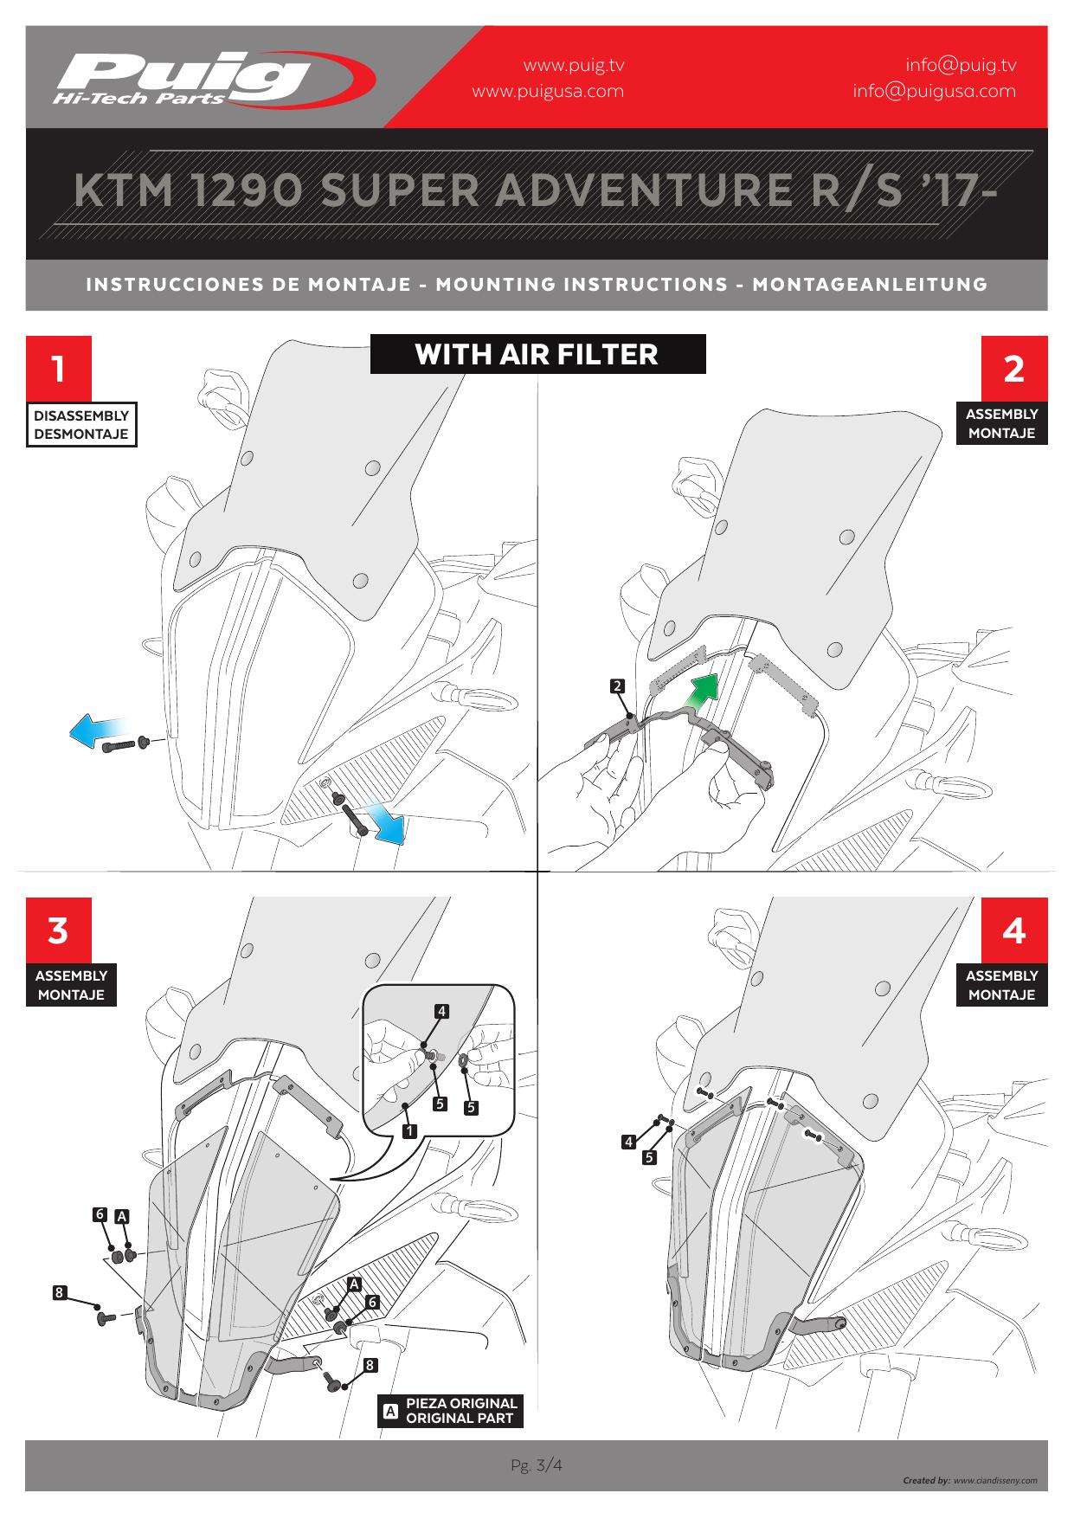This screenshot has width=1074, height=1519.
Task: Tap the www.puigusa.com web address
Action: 547,91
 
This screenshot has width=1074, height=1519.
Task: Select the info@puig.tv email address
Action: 961,65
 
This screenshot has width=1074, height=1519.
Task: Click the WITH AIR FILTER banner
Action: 537,354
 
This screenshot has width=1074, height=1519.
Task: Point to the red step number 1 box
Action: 58,370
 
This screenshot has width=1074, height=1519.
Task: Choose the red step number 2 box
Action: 1013,369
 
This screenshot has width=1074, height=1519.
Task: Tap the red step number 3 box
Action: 58,931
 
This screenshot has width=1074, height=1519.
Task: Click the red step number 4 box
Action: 1013,931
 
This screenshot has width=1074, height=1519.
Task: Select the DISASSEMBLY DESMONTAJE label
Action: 81,425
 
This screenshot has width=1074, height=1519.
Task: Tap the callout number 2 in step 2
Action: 617,686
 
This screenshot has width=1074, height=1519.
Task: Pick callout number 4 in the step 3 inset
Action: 441,1011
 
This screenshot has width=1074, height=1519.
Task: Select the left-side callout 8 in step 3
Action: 59,1293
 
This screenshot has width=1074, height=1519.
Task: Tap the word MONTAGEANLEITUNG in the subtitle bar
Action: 870,284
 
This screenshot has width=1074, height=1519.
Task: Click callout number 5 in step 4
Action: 649,1156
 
